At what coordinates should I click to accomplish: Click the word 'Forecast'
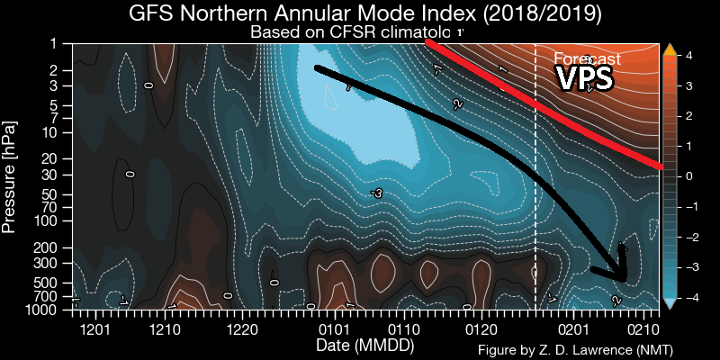586,59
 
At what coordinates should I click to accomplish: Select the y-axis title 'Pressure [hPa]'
11,175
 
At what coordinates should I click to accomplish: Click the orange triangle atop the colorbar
669,50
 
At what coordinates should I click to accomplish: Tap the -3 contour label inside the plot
376,193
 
